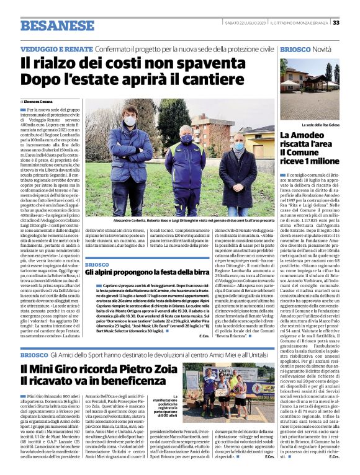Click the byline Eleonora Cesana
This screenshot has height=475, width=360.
38,101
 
